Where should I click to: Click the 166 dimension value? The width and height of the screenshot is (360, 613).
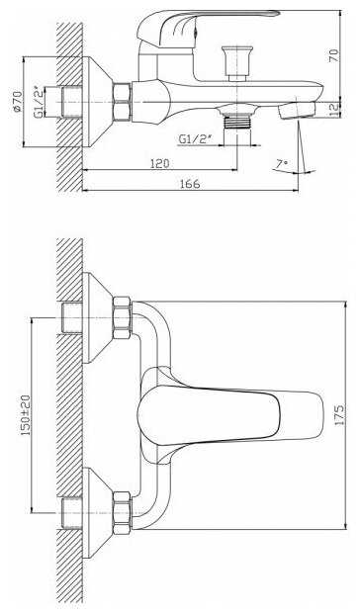click(x=190, y=183)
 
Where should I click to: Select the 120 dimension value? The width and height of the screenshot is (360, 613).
click(x=160, y=163)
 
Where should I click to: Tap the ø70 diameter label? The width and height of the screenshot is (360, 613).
click(x=17, y=102)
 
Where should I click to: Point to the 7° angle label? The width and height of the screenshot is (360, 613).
click(x=281, y=164)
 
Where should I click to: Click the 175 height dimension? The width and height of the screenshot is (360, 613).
click(x=339, y=415)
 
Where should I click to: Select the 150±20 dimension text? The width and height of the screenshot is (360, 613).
click(x=26, y=415)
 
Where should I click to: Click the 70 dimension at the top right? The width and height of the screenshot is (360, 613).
click(x=334, y=55)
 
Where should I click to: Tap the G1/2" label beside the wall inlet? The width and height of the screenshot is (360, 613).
click(x=40, y=101)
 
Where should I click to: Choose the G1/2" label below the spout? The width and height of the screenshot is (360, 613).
click(x=195, y=139)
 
